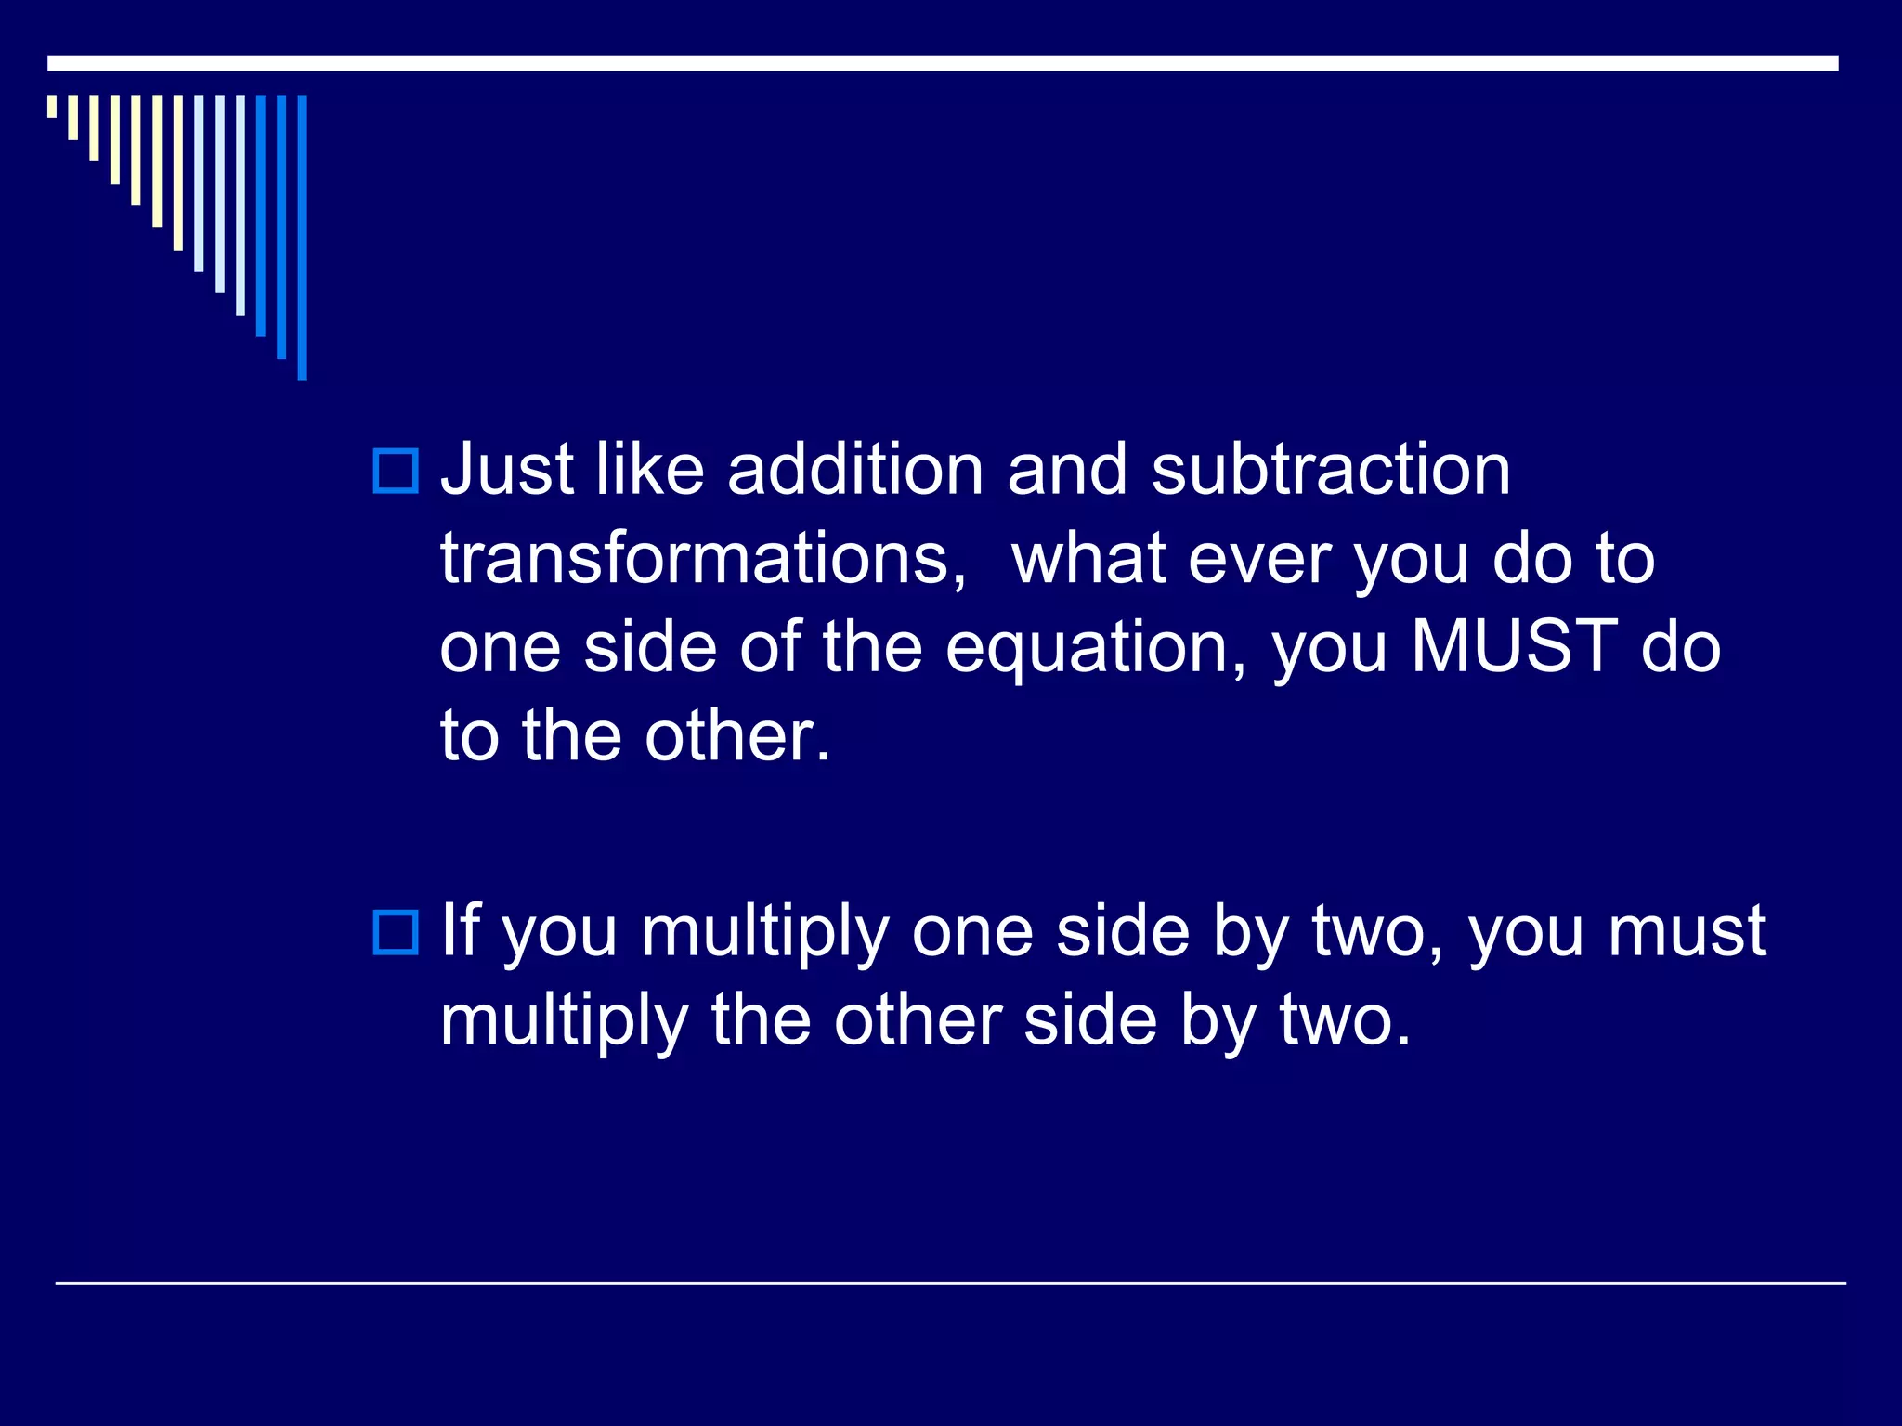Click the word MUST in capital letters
pos(1514,646)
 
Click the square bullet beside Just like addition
pos(396,471)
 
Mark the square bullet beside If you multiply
pos(396,932)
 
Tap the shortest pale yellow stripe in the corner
pos(52,106)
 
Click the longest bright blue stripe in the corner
pos(302,237)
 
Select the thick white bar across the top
pos(943,63)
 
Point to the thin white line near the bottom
pos(950,1283)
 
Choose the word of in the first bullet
pos(770,646)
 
